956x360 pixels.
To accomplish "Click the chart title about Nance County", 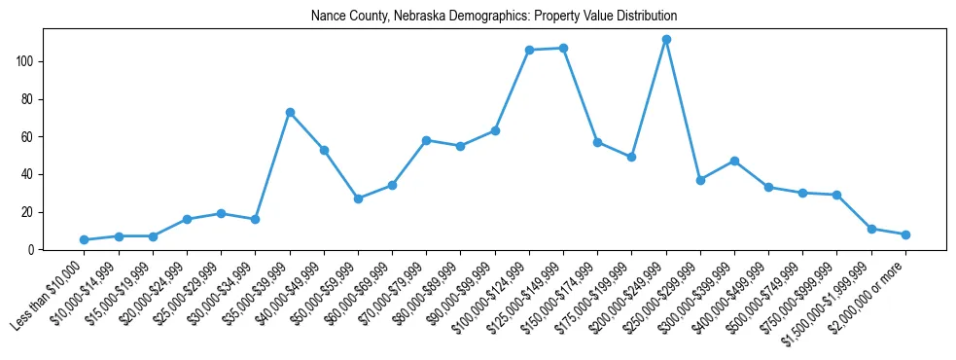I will [x=494, y=17].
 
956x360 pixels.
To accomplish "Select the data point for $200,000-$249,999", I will [x=666, y=40].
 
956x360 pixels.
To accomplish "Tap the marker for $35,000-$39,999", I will [x=290, y=113].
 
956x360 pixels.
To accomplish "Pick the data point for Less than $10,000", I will [x=85, y=239].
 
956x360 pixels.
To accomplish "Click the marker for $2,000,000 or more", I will [x=905, y=234].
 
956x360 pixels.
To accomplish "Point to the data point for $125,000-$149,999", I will [x=563, y=49].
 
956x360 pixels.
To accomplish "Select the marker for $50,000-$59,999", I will [x=358, y=198].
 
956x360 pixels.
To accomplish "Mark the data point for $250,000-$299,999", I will [x=700, y=180].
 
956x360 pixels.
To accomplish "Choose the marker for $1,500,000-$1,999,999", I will [x=871, y=229].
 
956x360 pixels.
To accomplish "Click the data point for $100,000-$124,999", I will [x=529, y=51].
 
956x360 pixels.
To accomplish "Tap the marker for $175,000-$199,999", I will [x=631, y=157].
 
